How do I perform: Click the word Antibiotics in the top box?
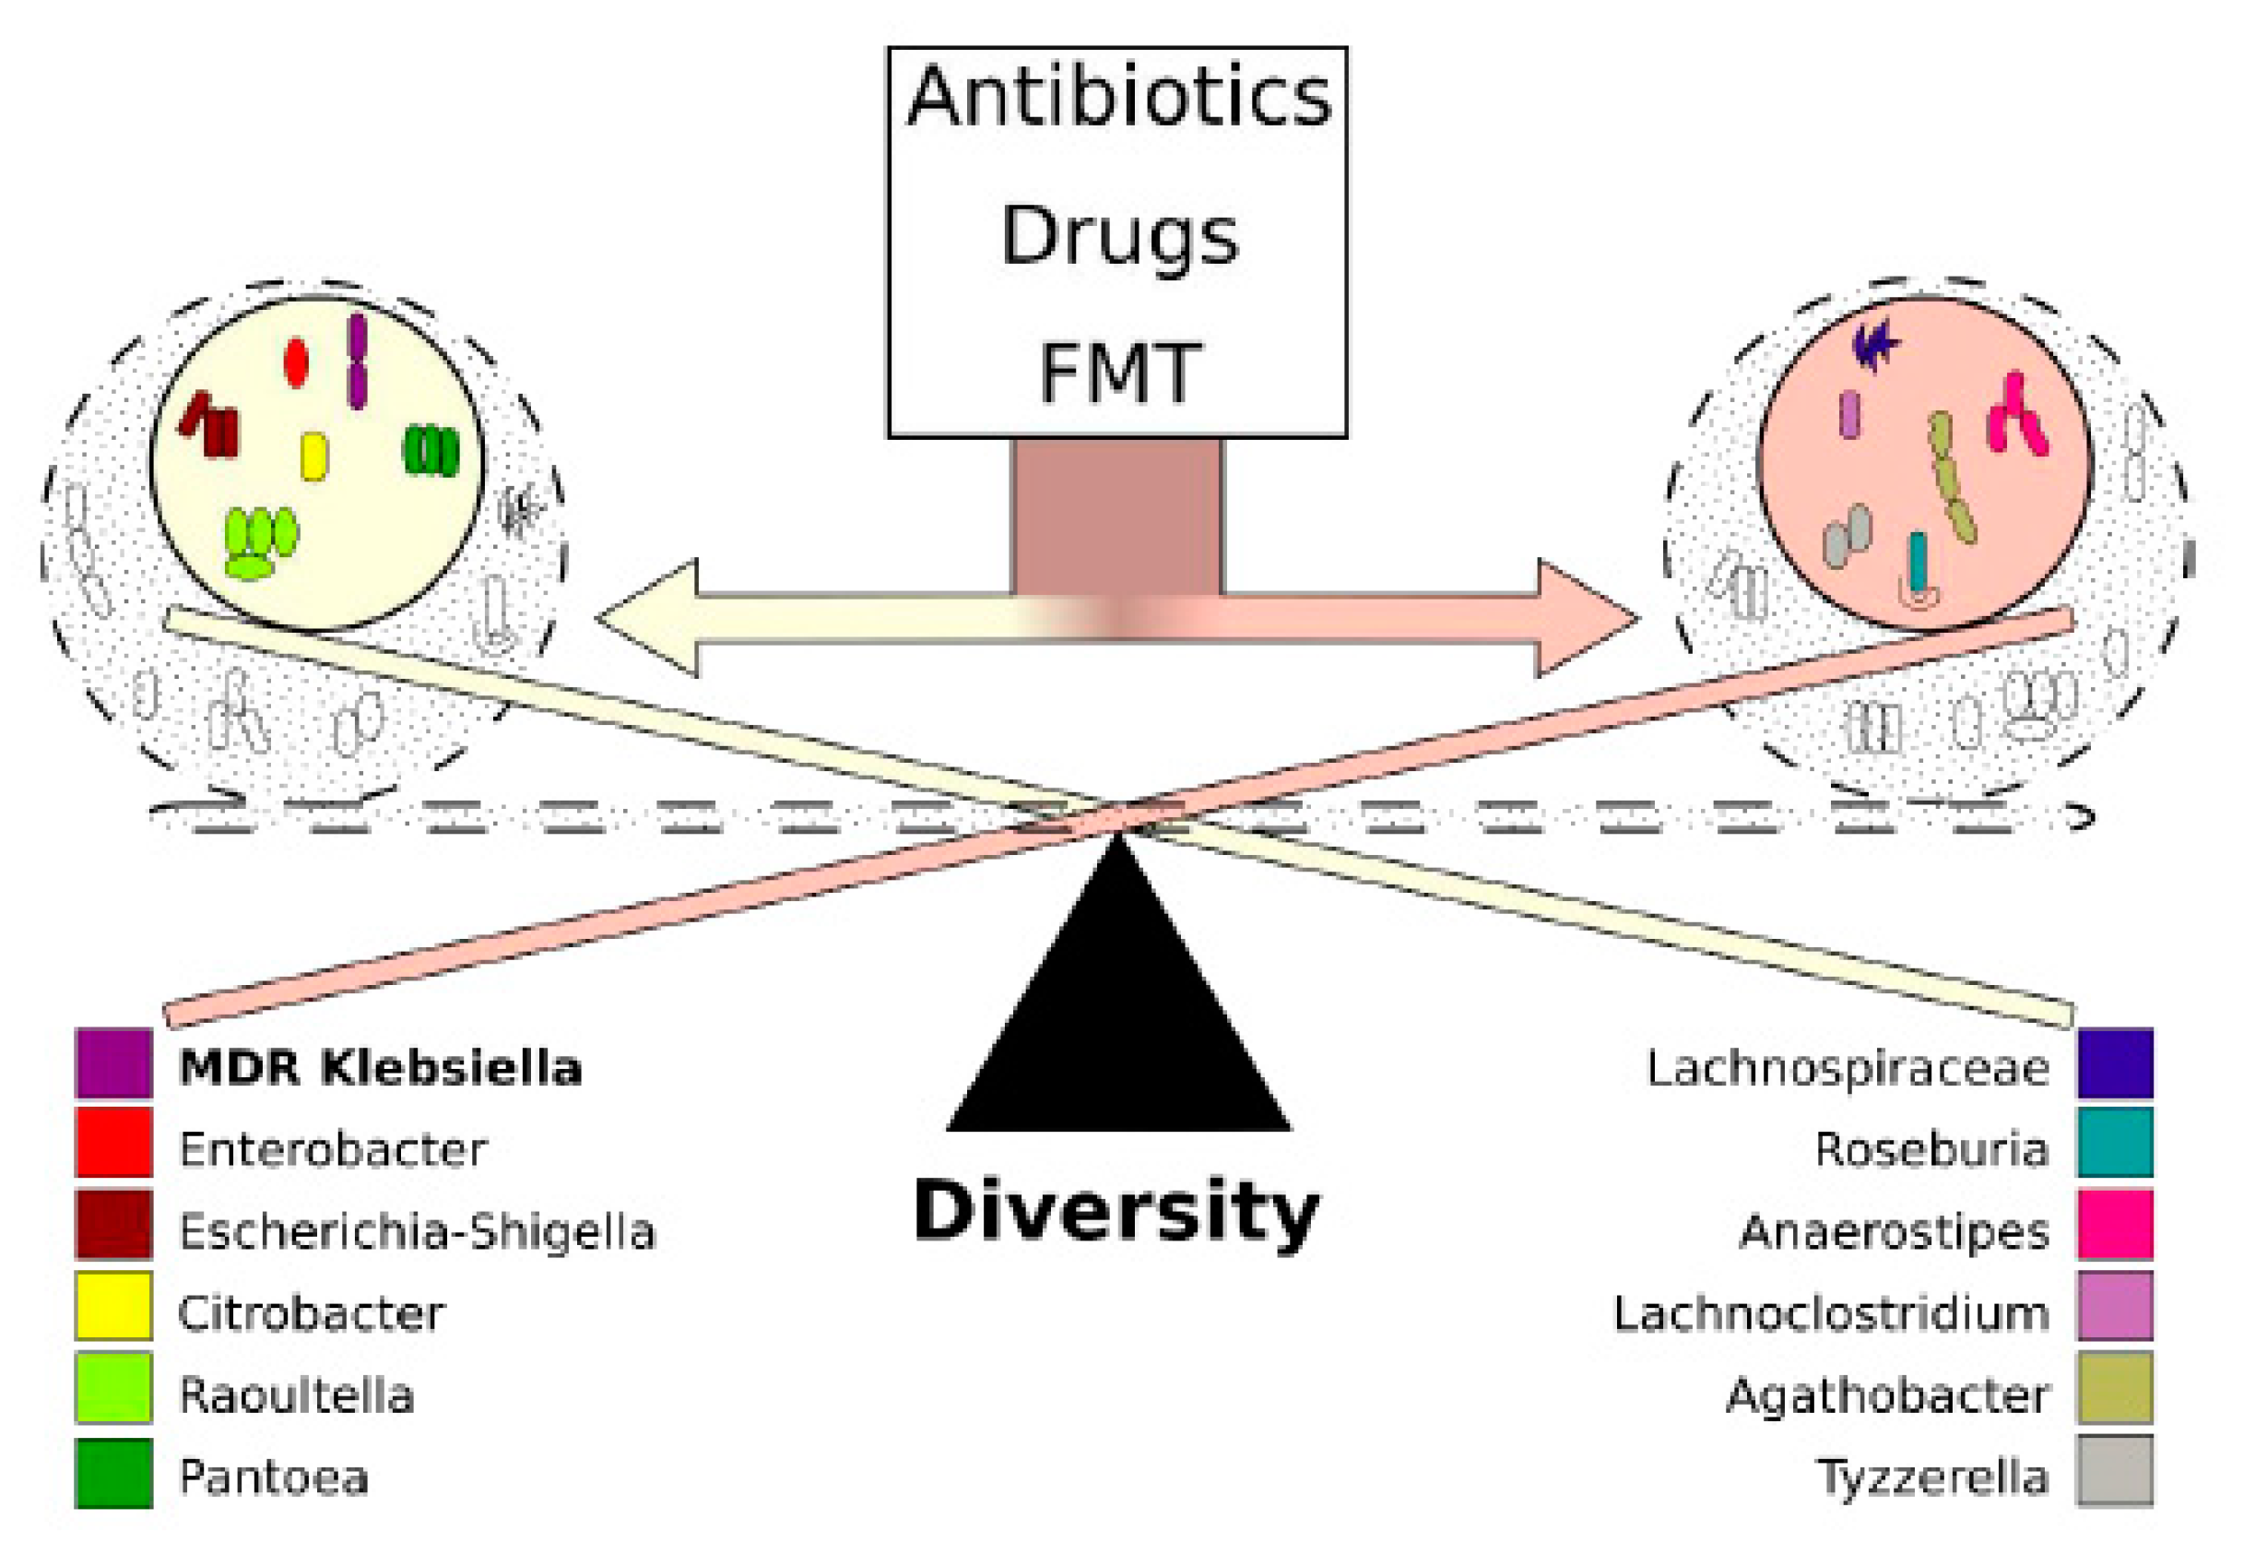click(1118, 98)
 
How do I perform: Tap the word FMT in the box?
click(1118, 373)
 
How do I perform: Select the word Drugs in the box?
click(1118, 236)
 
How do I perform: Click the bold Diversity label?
click(1116, 1211)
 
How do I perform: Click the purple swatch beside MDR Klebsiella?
click(114, 1063)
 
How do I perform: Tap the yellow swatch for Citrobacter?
click(114, 1305)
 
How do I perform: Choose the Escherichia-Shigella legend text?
click(417, 1231)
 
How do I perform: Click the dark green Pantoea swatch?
click(114, 1473)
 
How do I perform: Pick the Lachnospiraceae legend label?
click(1847, 1068)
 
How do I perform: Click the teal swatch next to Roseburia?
click(2114, 1142)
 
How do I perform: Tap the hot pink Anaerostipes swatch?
click(2114, 1224)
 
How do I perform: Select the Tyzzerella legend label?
click(1931, 1477)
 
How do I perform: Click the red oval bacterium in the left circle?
click(297, 362)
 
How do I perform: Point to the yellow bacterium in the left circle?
click(313, 457)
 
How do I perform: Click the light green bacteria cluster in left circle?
click(258, 542)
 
